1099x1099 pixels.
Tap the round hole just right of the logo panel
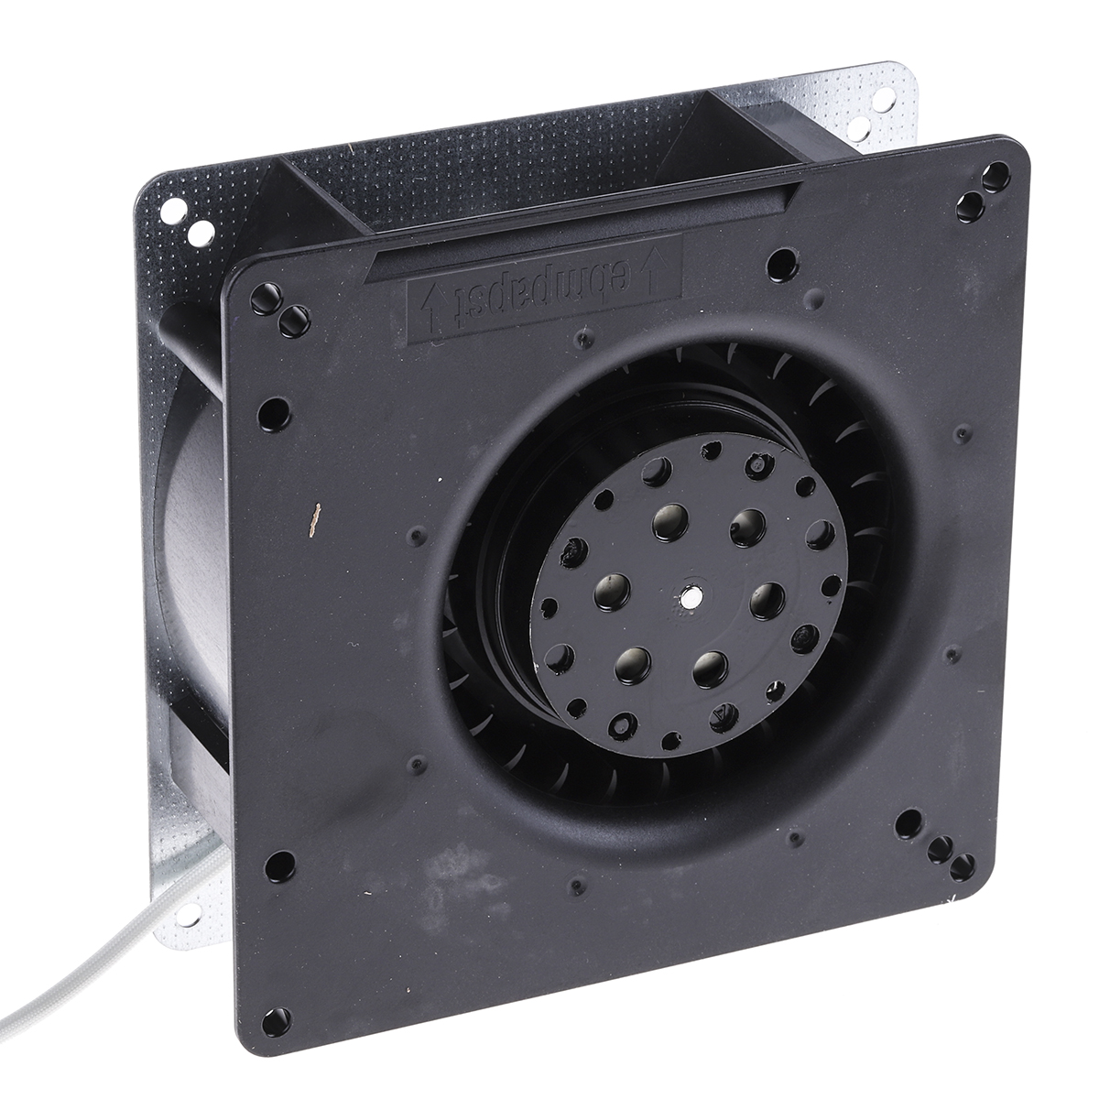(x=781, y=262)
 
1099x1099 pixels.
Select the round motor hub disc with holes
(x=691, y=597)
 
